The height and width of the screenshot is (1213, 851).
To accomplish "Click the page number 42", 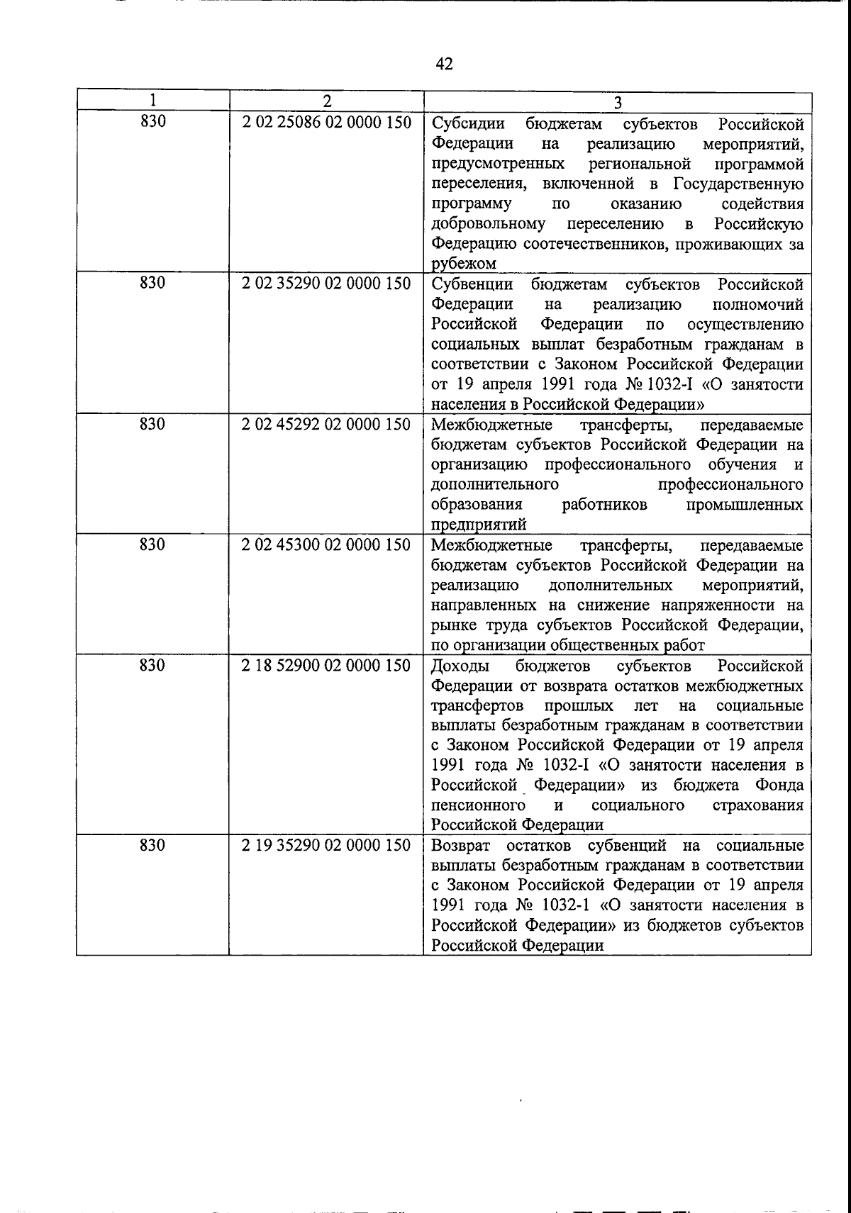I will (444, 65).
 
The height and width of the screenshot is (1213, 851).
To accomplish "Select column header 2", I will (326, 101).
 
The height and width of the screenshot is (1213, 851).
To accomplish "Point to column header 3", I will (617, 102).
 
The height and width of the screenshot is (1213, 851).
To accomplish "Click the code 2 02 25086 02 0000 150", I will (326, 123).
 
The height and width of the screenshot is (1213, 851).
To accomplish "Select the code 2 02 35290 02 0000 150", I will (326, 284).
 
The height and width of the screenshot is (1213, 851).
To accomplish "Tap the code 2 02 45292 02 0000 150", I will (326, 425).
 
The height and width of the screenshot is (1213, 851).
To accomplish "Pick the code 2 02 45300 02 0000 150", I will (326, 545).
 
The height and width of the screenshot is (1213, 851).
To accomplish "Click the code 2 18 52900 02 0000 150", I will (326, 666).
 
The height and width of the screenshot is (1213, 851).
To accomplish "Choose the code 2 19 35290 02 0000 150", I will (326, 846).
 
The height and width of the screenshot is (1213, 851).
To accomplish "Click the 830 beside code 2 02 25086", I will (152, 123).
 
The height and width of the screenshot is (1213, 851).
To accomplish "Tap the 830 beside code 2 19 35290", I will (152, 846).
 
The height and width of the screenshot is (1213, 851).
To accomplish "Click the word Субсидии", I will (468, 124).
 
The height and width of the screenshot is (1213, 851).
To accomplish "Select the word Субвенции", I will (473, 285).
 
